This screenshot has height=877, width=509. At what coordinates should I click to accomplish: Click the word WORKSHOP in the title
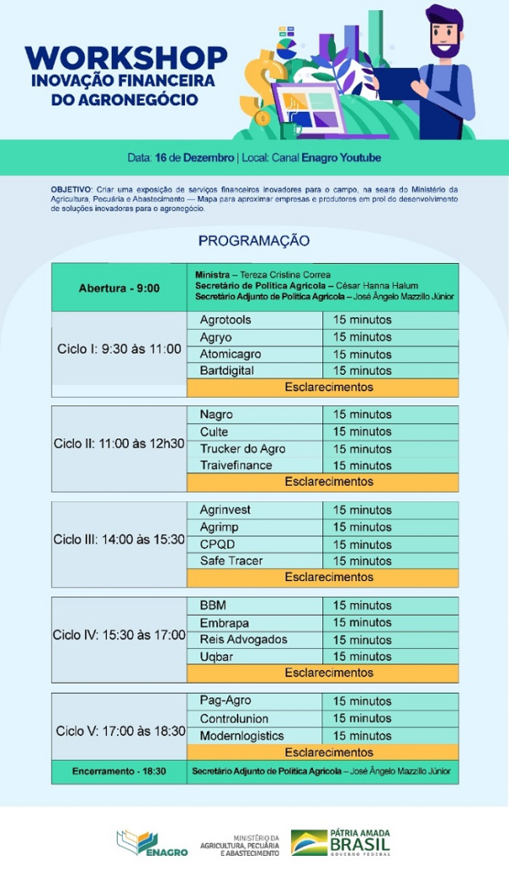tap(126, 58)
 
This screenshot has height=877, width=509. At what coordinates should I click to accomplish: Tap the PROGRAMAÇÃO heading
tap(254, 241)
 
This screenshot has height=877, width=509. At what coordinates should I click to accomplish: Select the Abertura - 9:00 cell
tap(119, 288)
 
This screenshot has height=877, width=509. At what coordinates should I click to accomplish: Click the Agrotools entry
tap(225, 321)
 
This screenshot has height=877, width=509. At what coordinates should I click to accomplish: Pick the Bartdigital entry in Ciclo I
tap(228, 371)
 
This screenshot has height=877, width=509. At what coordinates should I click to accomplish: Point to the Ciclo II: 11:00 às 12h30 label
tap(119, 444)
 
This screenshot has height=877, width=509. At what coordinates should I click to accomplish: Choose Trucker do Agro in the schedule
tap(243, 449)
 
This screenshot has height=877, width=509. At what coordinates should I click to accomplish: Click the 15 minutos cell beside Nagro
tap(362, 415)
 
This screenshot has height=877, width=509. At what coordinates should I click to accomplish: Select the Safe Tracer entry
tap(231, 561)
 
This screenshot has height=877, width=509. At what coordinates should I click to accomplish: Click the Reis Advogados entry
tap(243, 640)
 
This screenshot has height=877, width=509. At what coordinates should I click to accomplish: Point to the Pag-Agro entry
tap(226, 701)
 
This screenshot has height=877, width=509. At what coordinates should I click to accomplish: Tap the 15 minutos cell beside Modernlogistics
tap(362, 735)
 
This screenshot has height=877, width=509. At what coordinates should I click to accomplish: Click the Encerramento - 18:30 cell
tap(119, 772)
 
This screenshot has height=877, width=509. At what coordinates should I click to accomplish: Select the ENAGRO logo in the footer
tap(152, 843)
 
